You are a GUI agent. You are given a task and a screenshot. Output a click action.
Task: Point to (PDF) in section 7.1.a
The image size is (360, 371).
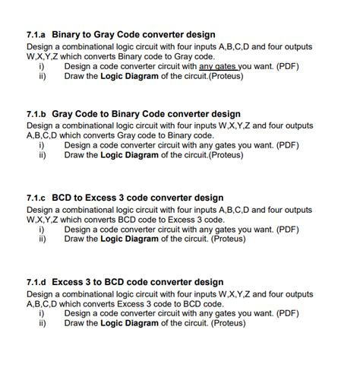(287, 66)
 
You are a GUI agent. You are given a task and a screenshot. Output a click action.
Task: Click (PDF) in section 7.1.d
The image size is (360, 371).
(286, 312)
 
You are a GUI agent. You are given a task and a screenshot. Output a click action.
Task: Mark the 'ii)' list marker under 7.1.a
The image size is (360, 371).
(43, 76)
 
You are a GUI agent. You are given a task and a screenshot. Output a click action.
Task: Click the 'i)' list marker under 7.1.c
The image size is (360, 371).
(43, 228)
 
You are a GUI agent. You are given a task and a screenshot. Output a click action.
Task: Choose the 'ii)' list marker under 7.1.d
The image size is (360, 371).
(43, 322)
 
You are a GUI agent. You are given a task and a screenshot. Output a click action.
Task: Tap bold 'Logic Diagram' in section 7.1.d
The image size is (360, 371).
(130, 322)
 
